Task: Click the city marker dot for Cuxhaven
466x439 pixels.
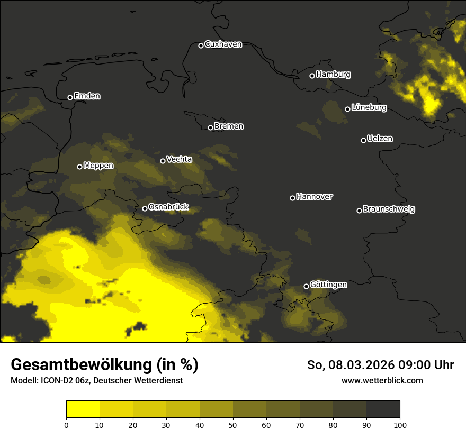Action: pyautogui.click(x=201, y=45)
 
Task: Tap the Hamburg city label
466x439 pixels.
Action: pyautogui.click(x=333, y=75)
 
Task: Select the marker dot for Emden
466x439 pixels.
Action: pyautogui.click(x=70, y=97)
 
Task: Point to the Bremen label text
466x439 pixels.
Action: pyautogui.click(x=229, y=126)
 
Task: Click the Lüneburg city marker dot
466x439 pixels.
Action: pyautogui.click(x=347, y=109)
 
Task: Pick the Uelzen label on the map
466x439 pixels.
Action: pyautogui.click(x=380, y=139)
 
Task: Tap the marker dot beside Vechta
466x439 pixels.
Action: pyautogui.click(x=163, y=161)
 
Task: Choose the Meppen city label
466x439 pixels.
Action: pyautogui.click(x=98, y=166)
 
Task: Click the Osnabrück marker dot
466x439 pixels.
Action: pyautogui.click(x=145, y=208)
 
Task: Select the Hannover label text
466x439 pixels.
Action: pyautogui.click(x=315, y=197)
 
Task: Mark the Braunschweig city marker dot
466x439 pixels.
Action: pyautogui.click(x=359, y=211)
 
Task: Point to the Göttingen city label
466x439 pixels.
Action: pyautogui.click(x=328, y=285)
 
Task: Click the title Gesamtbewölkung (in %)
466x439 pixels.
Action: pyautogui.click(x=104, y=365)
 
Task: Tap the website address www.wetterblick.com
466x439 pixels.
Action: pyautogui.click(x=382, y=381)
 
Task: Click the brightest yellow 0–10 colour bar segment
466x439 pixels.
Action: pyautogui.click(x=83, y=409)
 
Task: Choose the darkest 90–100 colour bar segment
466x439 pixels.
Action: pyautogui.click(x=383, y=409)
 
